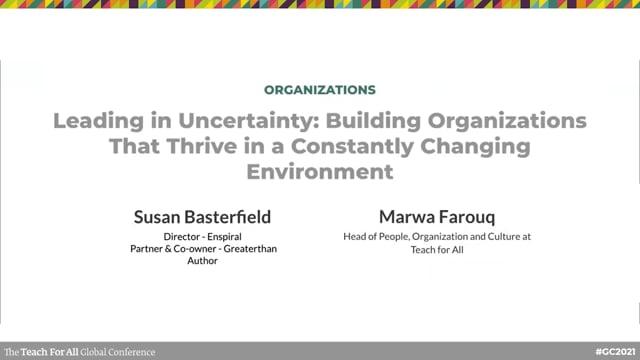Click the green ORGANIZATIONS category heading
(x=320, y=89)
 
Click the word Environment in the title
(x=320, y=171)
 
